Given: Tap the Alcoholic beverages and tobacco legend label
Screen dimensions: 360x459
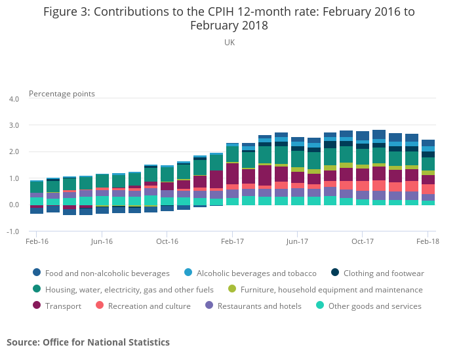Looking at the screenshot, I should pos(256,273).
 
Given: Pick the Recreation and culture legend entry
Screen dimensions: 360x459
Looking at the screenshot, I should pos(149,306).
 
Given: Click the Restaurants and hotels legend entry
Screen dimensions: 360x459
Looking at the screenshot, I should pos(259,306).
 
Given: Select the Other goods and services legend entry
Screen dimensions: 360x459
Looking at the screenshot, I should pos(374,306).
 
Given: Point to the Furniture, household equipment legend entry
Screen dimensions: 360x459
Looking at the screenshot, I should pos(331,289).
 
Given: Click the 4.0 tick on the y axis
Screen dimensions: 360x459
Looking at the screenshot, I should pos(14,99).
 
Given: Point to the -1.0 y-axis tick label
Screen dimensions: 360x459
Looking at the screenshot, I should pos(13,231).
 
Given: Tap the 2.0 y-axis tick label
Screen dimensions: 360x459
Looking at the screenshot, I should pos(14,152).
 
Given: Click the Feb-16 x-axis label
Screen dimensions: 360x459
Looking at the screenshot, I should pos(37,241).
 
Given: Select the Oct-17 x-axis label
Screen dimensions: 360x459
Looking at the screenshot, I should pos(362,241).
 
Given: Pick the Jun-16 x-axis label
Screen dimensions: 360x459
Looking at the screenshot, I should pos(102,241).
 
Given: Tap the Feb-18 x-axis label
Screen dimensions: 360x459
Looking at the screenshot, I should pos(428,241).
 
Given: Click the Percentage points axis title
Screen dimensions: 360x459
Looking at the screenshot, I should pos(62,94).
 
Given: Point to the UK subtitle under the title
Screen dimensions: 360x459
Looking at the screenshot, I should pos(229,42).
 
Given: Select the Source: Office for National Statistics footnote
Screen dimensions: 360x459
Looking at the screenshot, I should pos(88,342).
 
